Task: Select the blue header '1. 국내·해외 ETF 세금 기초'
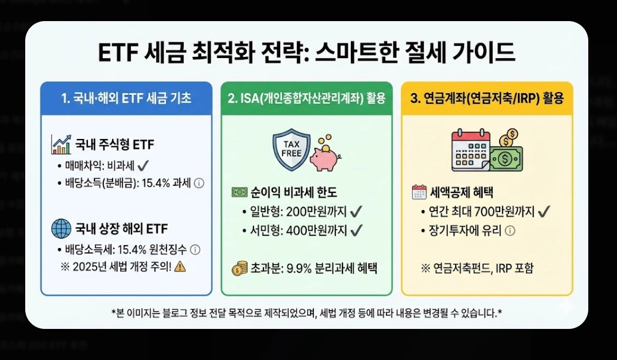pos(126,98)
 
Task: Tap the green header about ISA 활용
pos(306,98)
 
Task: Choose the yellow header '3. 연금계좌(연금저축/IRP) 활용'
pos(486,98)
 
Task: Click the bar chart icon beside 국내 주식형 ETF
pos(61,144)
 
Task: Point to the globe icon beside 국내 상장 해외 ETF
pos(61,228)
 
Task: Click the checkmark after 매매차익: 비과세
pos(144,165)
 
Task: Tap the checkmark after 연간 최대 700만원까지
pos(543,211)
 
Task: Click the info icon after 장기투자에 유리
pos(510,230)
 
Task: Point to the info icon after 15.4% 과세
pos(199,183)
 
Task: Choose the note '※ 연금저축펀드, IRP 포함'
pos(477,269)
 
